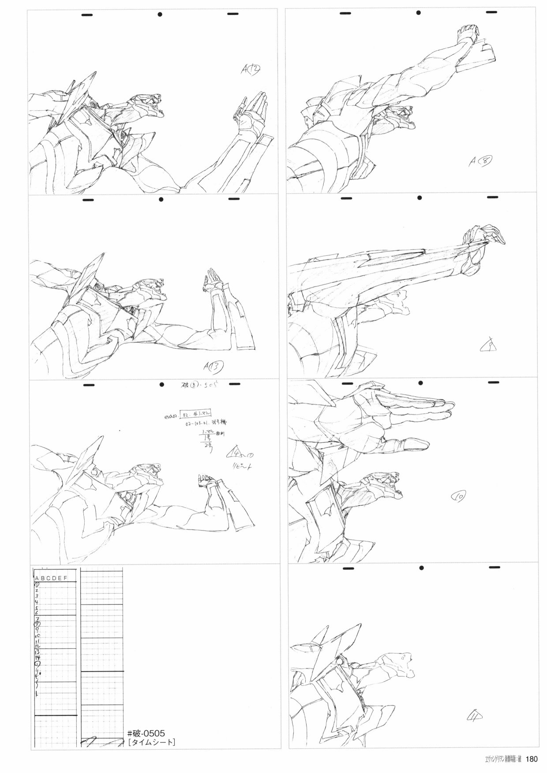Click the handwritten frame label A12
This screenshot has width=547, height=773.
coord(251,69)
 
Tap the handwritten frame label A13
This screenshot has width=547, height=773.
coord(215,366)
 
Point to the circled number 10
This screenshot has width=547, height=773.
coord(457,497)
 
